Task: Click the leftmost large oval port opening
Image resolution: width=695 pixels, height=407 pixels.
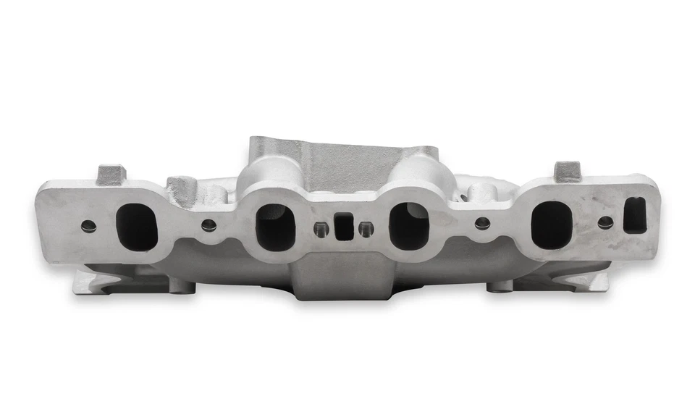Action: pos(136,227)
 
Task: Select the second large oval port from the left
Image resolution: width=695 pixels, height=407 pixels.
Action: pos(276,227)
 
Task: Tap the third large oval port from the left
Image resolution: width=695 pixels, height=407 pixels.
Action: pos(410,227)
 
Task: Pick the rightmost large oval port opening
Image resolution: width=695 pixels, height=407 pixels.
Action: pos(551,225)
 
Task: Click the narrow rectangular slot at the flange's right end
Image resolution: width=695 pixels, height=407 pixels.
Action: pos(635,215)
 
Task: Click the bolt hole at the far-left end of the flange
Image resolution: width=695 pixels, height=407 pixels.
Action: pos(88,226)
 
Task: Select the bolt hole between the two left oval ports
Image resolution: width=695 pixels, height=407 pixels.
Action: pos(208,225)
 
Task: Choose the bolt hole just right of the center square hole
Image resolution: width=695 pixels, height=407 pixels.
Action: pos(366,229)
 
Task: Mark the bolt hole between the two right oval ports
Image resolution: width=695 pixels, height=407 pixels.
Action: pos(482,224)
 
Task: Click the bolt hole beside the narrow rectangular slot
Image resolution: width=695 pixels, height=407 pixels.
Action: pos(605,222)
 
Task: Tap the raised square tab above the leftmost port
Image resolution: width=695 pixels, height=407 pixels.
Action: pos(111,174)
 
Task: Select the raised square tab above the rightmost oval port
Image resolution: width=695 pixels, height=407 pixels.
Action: pos(568,171)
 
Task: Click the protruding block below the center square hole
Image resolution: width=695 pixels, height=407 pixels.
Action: pos(342,275)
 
